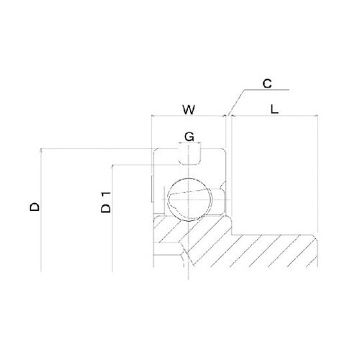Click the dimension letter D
(35, 207)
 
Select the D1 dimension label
(106, 202)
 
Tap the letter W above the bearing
(189, 109)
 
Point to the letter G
(189, 137)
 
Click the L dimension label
(274, 109)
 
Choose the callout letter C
(267, 84)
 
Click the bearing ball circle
(190, 199)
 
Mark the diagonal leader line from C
(236, 102)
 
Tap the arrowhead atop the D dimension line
(41, 150)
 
